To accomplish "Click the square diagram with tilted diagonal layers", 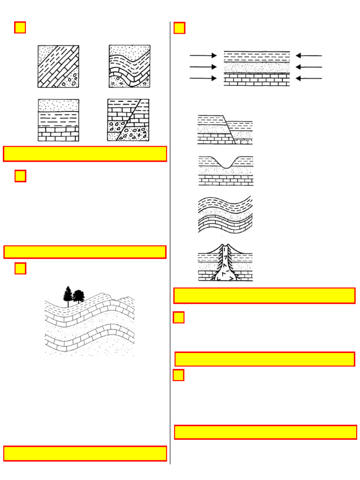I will tap(58, 66).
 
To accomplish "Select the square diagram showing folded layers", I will tap(129, 66).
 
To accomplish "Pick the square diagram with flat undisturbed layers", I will tap(58, 120).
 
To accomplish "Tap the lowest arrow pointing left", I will tap(309, 78).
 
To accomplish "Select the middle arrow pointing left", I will tap(309, 67).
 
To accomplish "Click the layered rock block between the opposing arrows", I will tap(256, 68).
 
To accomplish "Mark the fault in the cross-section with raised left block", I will tap(229, 129).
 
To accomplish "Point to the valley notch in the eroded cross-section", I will tap(227, 165).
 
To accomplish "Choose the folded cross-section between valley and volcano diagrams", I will tap(225, 214).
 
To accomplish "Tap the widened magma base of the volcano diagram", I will tap(225, 276).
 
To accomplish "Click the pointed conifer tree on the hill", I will tap(68, 295).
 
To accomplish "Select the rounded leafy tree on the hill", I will tap(78, 296).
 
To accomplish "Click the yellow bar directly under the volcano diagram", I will tap(264, 296).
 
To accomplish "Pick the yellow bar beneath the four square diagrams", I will tap(85, 154).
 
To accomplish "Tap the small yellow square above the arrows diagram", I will tap(179, 28).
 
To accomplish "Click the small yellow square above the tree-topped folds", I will tap(20, 269).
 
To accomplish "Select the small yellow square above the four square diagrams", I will tap(20, 28).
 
